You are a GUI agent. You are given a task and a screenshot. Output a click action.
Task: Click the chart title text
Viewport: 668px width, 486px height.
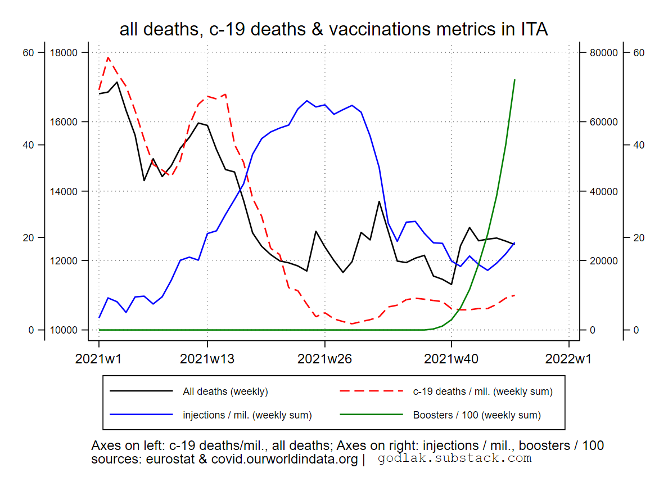333,29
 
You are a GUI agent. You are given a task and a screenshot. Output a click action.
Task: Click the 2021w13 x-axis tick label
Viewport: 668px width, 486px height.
207,358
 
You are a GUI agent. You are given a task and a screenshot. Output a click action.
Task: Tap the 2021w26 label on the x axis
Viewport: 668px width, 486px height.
325,358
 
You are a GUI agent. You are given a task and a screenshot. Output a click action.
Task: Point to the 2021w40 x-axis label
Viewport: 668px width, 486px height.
452,358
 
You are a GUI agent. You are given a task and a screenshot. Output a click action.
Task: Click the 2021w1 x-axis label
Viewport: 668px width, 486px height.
99,358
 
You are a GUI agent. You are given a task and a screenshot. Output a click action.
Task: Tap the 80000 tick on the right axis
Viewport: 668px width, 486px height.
603,53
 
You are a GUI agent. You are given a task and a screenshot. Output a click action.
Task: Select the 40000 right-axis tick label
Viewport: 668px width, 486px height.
603,191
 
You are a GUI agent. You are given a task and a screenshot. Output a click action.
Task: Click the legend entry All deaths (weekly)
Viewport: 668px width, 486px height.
225,391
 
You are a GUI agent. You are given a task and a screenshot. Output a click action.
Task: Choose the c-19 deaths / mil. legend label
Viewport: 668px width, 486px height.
482,391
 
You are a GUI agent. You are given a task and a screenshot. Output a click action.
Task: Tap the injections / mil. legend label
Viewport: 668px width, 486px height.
247,415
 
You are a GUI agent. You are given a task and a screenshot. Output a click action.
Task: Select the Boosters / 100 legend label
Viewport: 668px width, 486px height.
477,415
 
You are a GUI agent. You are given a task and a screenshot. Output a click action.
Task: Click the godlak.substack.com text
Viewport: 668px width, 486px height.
454,458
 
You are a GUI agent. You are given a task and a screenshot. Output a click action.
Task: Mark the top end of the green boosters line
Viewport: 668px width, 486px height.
514,80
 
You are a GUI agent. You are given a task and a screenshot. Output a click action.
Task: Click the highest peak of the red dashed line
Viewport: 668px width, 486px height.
108,57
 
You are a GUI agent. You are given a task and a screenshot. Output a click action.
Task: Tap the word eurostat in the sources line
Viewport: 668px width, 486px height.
169,460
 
